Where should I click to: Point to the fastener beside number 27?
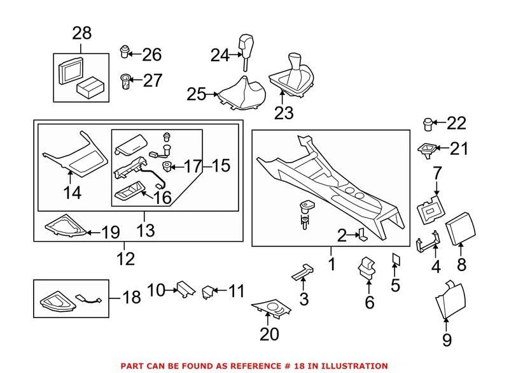point(125,81)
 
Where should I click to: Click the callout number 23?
point(284,112)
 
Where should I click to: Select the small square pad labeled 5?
point(394,259)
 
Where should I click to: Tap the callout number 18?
point(131,298)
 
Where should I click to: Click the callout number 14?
point(73,192)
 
